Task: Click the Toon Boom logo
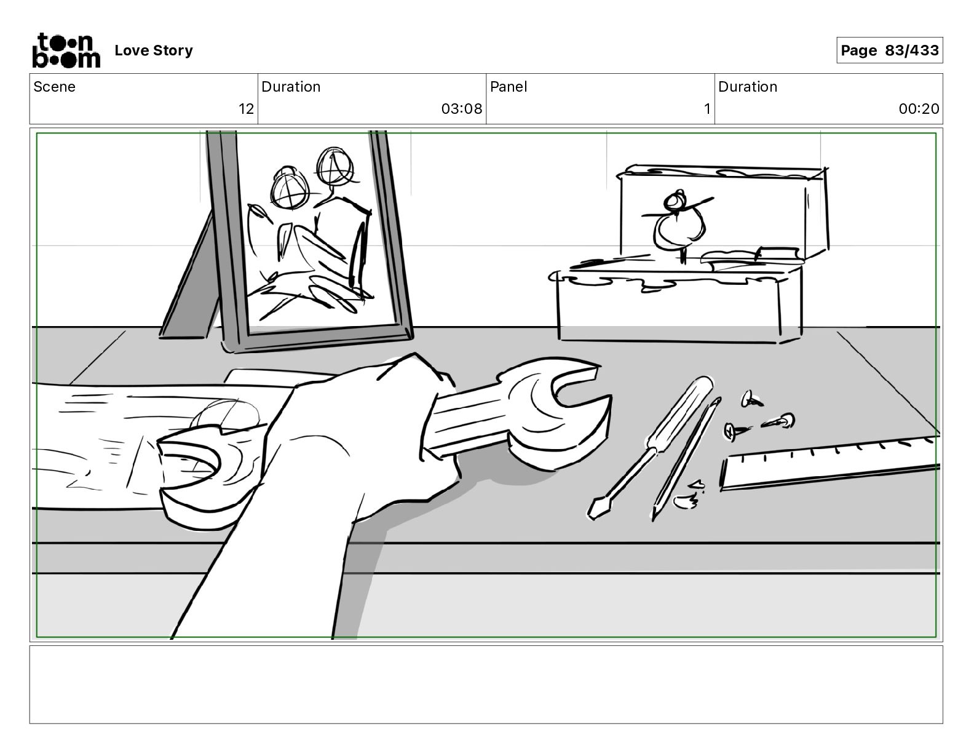(x=65, y=50)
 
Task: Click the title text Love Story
(x=154, y=50)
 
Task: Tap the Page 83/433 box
(x=889, y=50)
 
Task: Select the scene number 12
(x=246, y=110)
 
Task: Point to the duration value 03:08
(x=461, y=110)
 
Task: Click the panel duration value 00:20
(x=919, y=110)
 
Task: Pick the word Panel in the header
(x=509, y=87)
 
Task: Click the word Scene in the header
(x=55, y=87)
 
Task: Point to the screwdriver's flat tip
(x=595, y=508)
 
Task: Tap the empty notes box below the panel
(x=486, y=684)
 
